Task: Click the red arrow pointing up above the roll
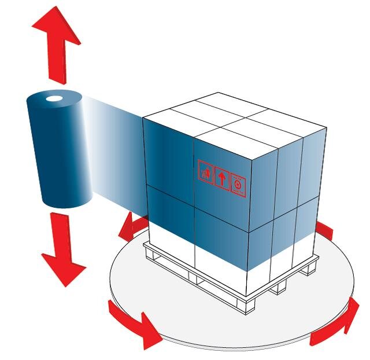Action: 55,43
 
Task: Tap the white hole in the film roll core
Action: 54,100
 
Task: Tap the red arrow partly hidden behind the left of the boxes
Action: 129,229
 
